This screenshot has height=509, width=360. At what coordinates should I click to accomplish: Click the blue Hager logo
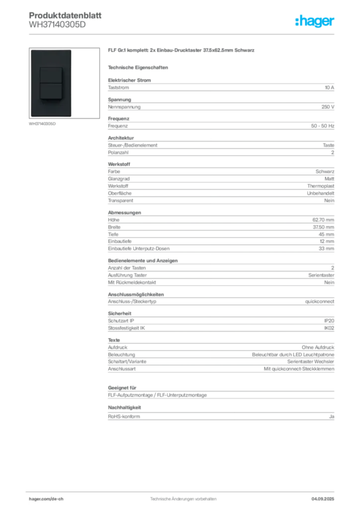pyautogui.click(x=315, y=21)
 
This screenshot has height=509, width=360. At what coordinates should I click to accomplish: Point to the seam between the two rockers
pyautogui.click(x=51, y=83)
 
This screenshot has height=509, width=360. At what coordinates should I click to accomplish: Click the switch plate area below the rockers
pyautogui.click(x=51, y=109)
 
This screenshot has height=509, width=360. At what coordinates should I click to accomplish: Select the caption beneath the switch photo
pyautogui.click(x=44, y=124)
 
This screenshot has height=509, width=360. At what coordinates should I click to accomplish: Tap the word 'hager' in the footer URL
pyautogui.click(x=37, y=499)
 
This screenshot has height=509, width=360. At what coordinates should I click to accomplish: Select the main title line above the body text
pyautogui.click(x=182, y=51)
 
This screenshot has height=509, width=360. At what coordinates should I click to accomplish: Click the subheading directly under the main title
pyautogui.click(x=139, y=67)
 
